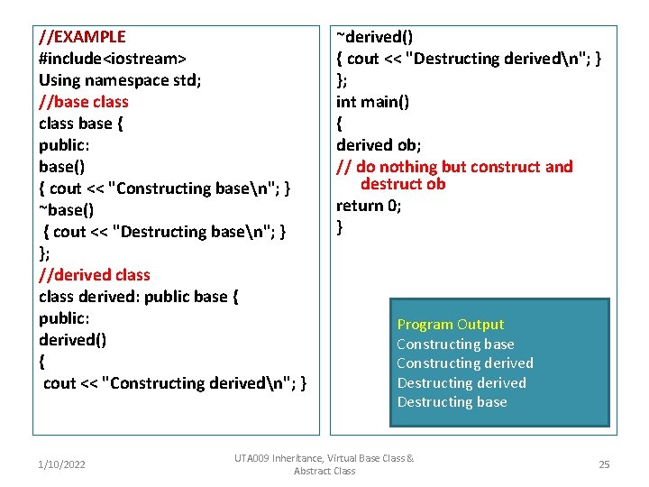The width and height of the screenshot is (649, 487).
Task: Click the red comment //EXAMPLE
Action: (x=82, y=37)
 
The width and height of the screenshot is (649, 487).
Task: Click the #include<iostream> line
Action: (x=112, y=59)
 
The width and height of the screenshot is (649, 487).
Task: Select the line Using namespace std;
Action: (x=120, y=80)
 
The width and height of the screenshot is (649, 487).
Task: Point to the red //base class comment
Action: (x=84, y=102)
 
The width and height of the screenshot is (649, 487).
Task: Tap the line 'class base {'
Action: (x=81, y=124)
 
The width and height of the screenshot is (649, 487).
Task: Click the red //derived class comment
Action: (x=95, y=275)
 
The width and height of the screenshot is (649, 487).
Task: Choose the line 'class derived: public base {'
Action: (x=138, y=297)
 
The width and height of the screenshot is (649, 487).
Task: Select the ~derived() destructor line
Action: (x=375, y=37)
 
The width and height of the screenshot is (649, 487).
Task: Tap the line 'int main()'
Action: (x=372, y=102)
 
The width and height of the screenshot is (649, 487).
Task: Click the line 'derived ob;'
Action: (x=379, y=145)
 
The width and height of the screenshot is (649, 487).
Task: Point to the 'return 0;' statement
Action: (x=369, y=206)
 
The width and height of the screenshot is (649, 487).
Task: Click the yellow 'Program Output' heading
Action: (x=450, y=325)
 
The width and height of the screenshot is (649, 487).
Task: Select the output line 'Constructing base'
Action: (x=455, y=344)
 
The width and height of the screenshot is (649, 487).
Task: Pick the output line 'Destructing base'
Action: (x=452, y=402)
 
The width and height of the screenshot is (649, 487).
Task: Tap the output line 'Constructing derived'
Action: (x=465, y=363)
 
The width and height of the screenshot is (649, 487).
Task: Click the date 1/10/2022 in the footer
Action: (x=61, y=464)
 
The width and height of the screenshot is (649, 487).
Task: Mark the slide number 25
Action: (x=604, y=464)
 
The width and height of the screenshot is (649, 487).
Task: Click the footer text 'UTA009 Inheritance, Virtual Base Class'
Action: (x=324, y=459)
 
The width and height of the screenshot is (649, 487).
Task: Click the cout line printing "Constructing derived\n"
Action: (x=175, y=383)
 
